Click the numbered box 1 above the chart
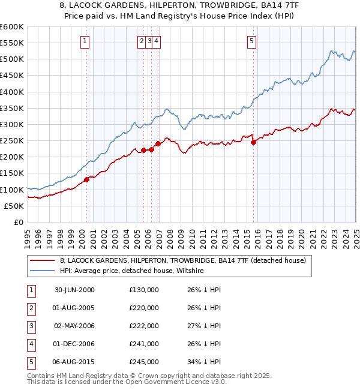(x=85, y=41)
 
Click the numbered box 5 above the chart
(x=251, y=41)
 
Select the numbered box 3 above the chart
(x=149, y=41)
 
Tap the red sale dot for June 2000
(x=86, y=179)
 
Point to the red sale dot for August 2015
(x=253, y=142)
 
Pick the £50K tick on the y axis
(x=14, y=206)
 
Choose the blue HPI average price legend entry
(x=132, y=271)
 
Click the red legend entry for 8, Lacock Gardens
(x=183, y=260)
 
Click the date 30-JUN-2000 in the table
(x=74, y=290)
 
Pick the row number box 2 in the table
(x=30, y=308)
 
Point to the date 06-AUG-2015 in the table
(x=74, y=362)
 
